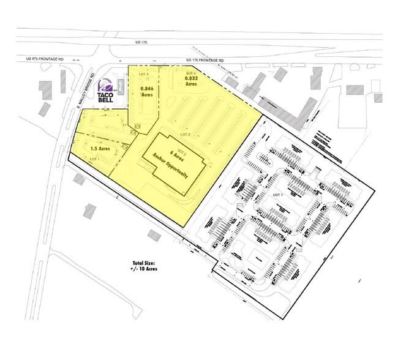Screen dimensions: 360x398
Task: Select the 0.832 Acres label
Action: coord(190,83)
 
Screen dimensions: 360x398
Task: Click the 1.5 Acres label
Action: coord(99,148)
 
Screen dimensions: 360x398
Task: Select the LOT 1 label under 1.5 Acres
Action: coord(94,159)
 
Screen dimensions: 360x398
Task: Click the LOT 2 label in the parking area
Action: coord(186,133)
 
